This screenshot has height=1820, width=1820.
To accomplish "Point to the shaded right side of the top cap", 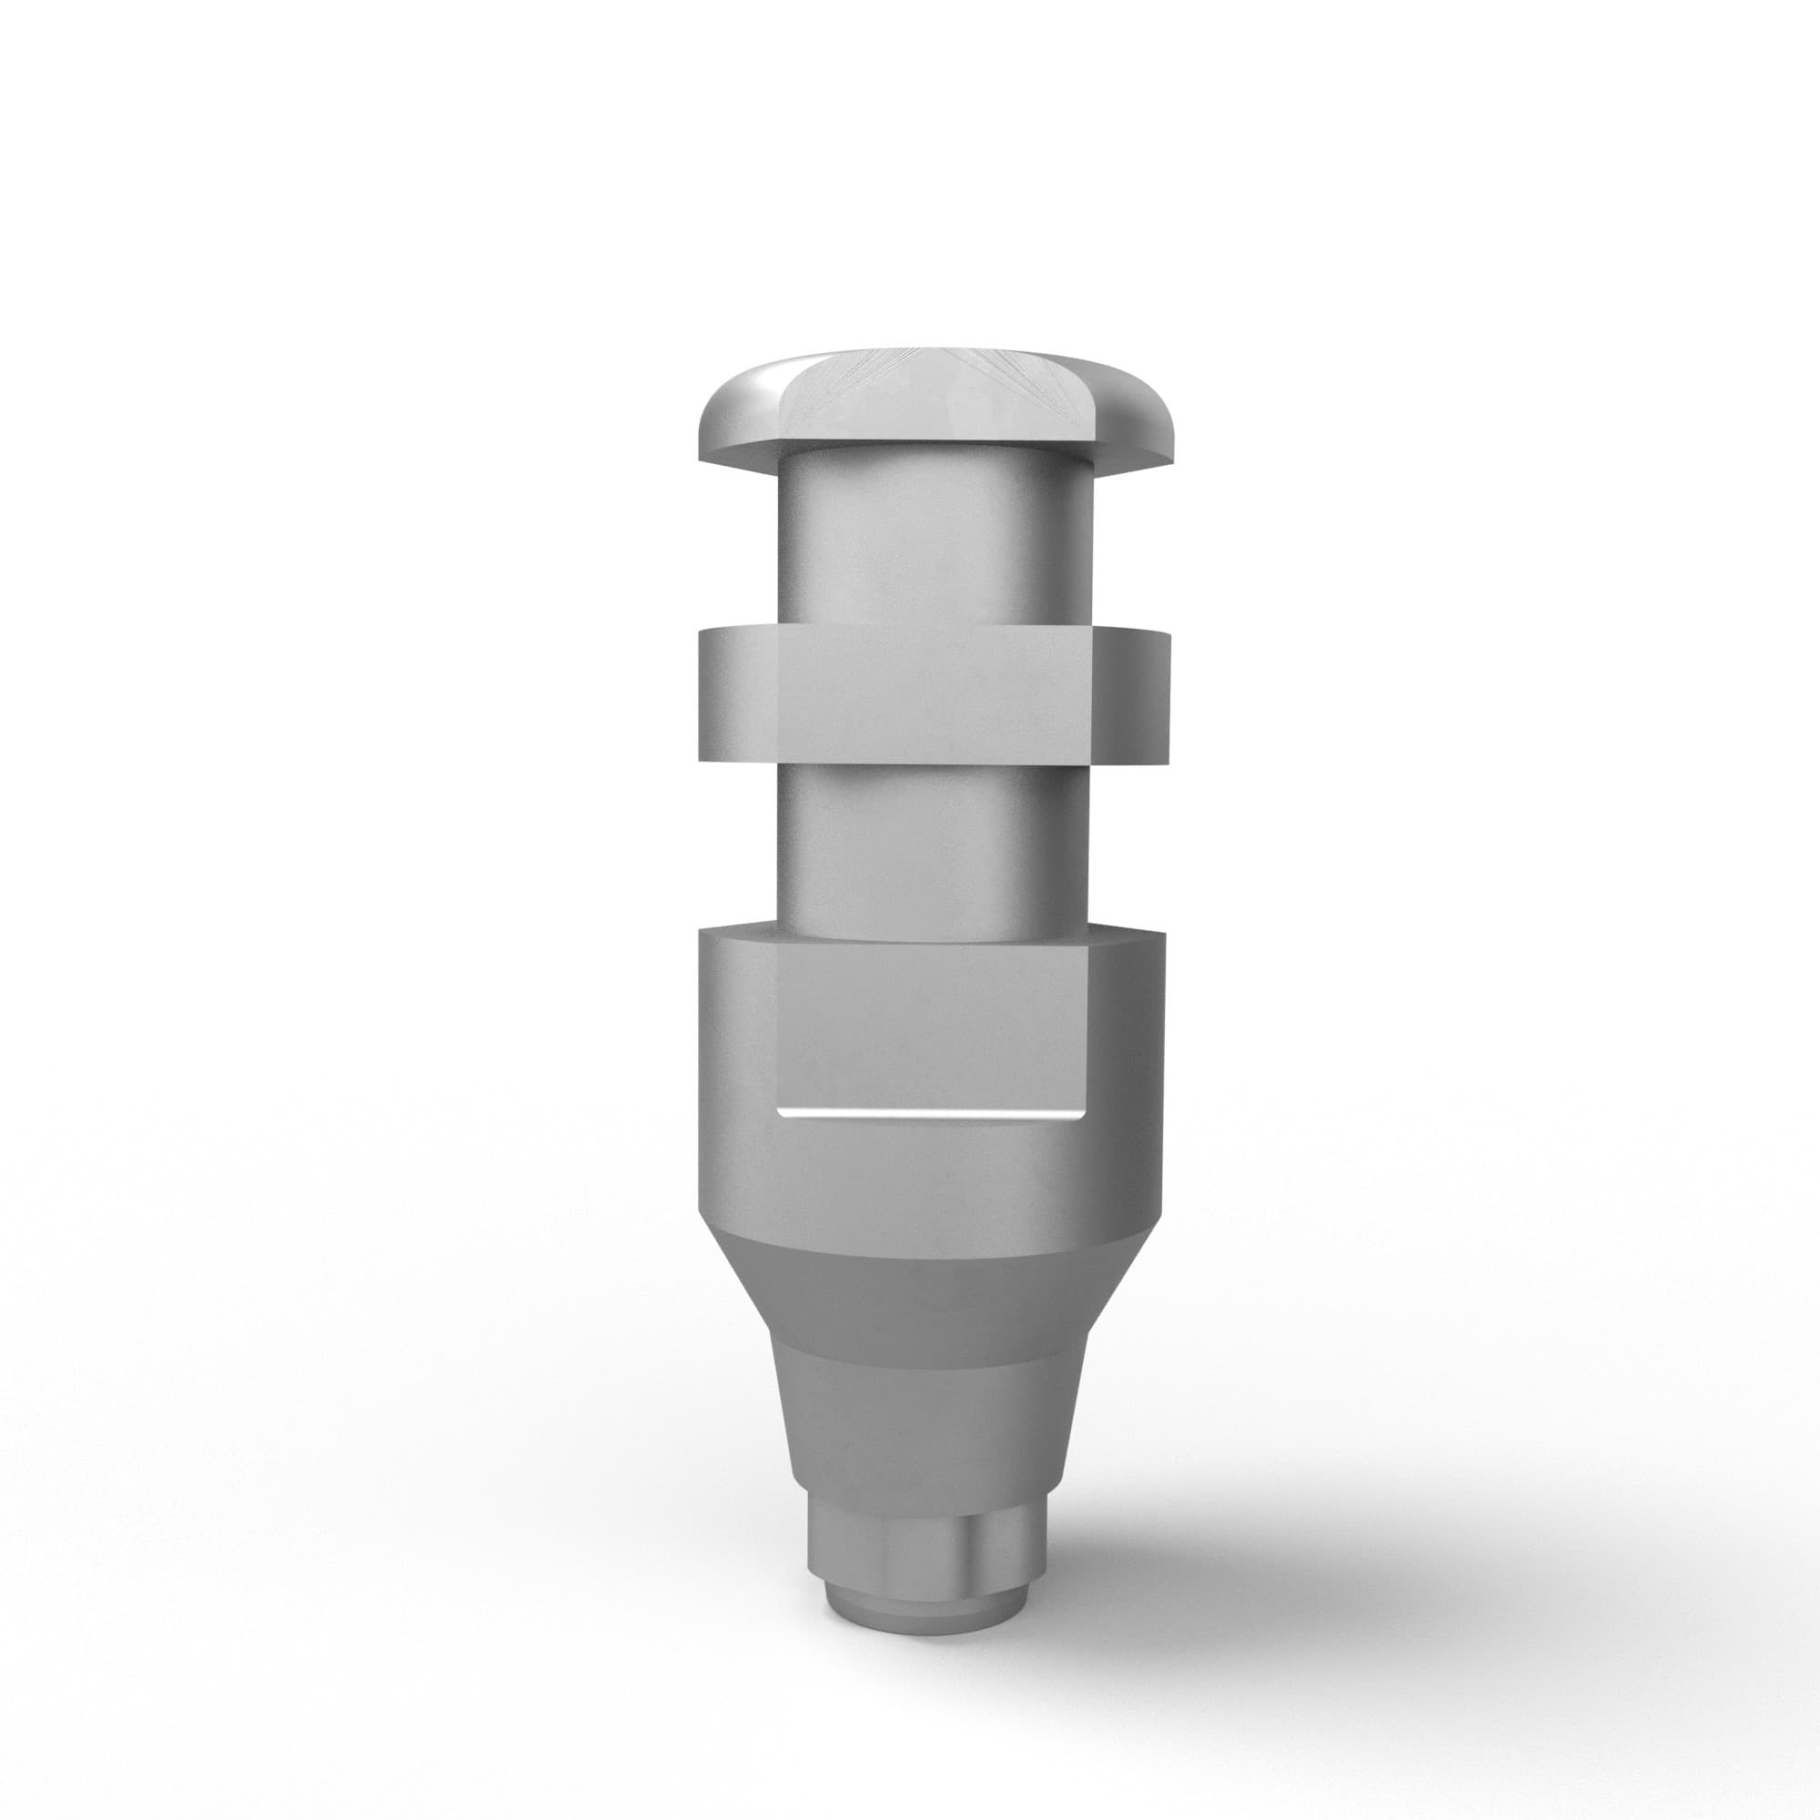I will pyautogui.click(x=1130, y=414).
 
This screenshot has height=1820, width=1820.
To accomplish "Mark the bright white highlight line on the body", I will pyautogui.click(x=928, y=1115).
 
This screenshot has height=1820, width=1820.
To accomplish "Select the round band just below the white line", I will pyautogui.click(x=928, y=1178).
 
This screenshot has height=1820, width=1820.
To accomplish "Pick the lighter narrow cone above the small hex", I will pyautogui.click(x=928, y=1431).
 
